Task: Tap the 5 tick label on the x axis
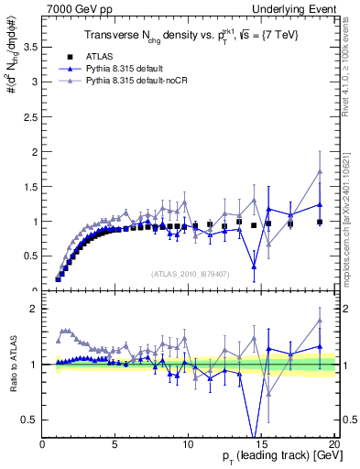[115, 444]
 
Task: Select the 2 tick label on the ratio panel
[36, 310]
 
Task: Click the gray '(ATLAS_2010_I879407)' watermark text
[190, 274]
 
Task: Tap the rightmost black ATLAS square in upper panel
[320, 222]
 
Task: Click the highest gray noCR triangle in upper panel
[320, 171]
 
